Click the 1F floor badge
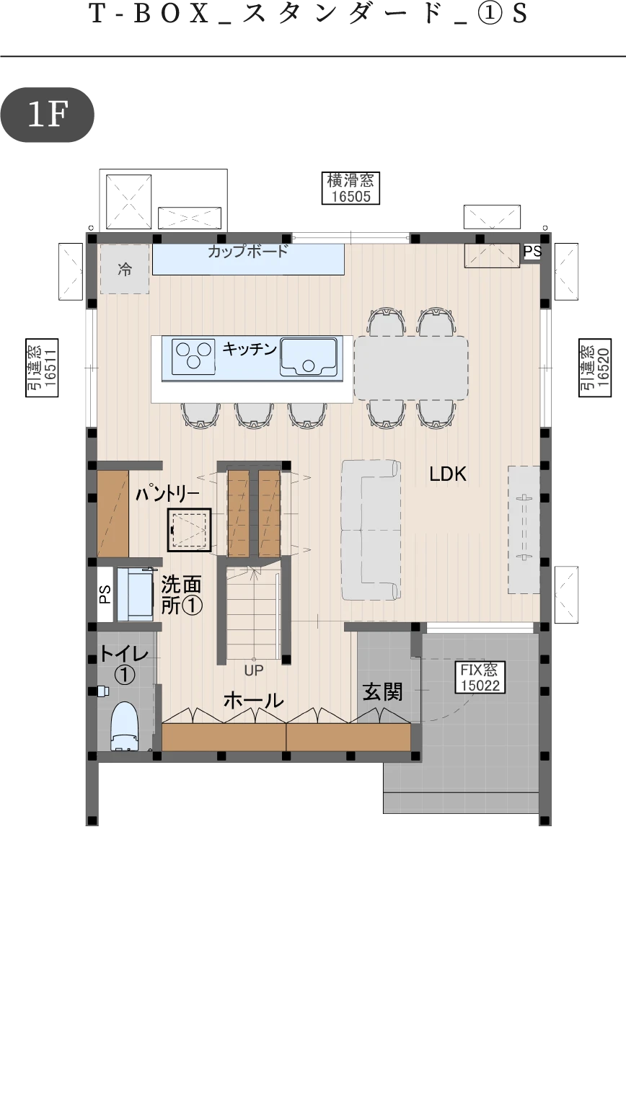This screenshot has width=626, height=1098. tap(47, 115)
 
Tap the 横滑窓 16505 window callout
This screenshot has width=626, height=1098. tap(351, 187)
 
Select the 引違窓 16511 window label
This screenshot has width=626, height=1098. tap(42, 367)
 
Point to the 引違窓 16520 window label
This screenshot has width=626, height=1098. tap(595, 367)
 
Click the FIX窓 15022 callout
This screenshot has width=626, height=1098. tap(480, 678)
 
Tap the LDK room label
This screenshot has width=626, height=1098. tap(448, 474)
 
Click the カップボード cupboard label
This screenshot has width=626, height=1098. tap(247, 252)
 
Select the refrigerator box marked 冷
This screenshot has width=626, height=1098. tap(125, 269)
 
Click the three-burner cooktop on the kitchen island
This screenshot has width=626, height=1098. tap(194, 355)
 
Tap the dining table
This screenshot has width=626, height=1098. tap(411, 368)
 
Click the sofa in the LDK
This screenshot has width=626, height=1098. tap(371, 530)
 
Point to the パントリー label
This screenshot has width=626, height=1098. tap(167, 494)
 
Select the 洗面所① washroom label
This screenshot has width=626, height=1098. tap(181, 595)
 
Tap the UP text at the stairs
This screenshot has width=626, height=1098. tap(254, 670)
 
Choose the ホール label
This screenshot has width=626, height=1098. tap(253, 701)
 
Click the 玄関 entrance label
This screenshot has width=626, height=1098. tap(383, 691)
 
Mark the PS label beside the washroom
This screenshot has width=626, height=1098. tap(105, 595)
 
